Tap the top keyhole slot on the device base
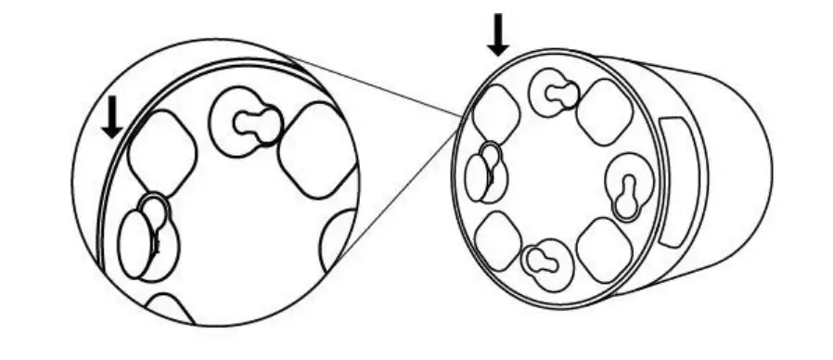(554, 93)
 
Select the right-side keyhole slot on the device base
(626, 192)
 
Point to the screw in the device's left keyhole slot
(482, 174)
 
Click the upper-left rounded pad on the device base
(493, 110)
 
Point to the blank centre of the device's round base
(557, 176)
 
